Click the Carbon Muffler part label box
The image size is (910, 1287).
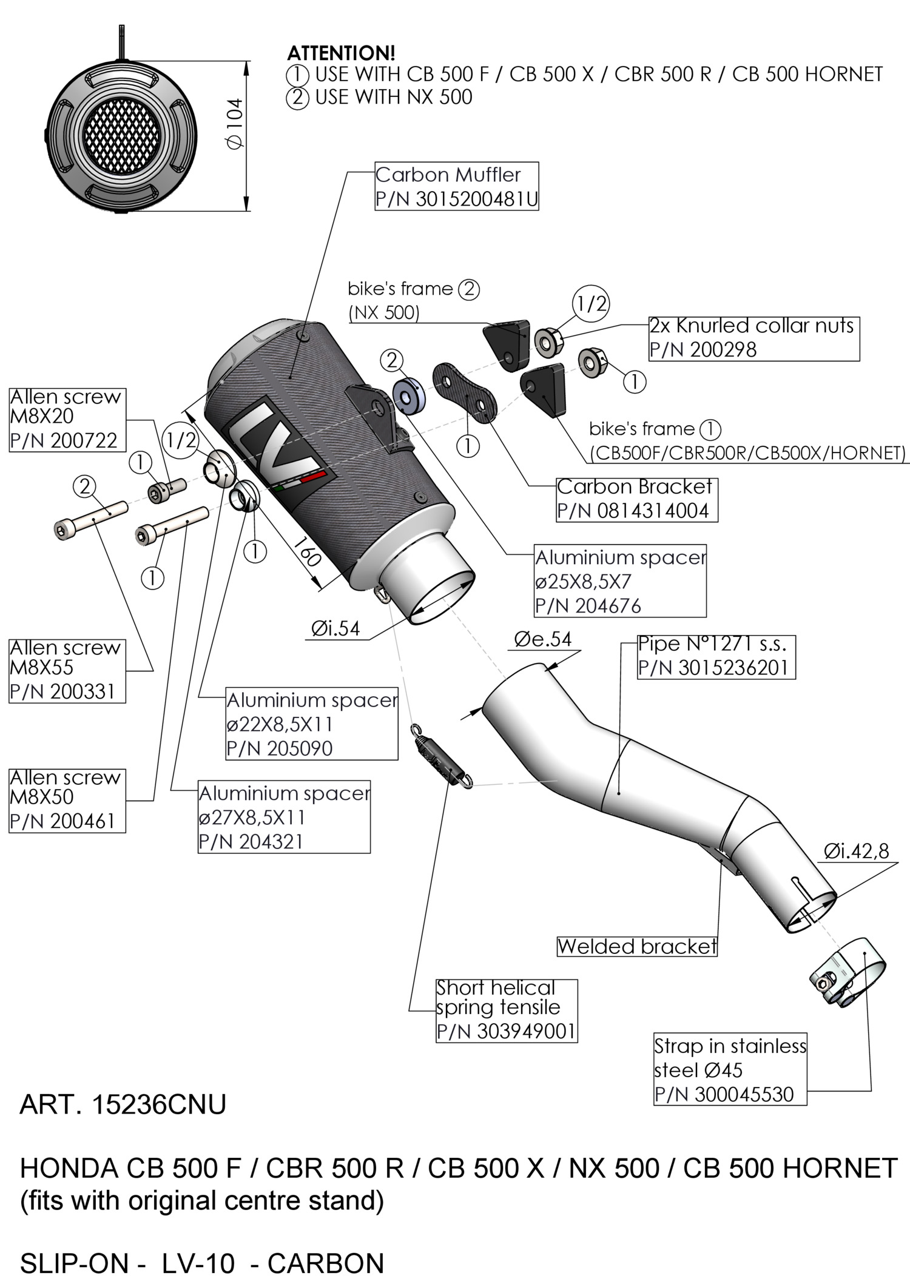(457, 186)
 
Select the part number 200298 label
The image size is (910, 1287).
(703, 350)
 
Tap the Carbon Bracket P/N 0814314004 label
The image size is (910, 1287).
(637, 499)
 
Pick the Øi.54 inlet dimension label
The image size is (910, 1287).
(335, 629)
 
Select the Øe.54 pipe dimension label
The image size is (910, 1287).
(543, 639)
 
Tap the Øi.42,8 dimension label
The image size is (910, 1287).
(856, 851)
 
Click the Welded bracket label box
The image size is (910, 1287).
(637, 946)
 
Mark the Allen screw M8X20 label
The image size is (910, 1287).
(67, 420)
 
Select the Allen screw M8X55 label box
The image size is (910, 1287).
(67, 670)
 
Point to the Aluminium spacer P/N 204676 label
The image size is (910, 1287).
(620, 580)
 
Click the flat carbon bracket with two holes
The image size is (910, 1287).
(465, 392)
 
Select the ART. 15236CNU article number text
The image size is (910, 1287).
(123, 1104)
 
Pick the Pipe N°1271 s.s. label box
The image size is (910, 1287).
(716, 657)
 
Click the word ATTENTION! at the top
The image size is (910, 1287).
(341, 53)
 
